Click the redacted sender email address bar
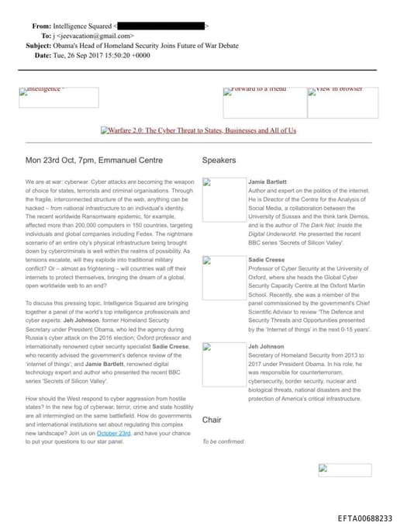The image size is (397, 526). (x=160, y=26)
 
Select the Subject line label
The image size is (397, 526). (x=39, y=46)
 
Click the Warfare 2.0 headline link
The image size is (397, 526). (x=198, y=130)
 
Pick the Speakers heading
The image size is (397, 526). (x=219, y=161)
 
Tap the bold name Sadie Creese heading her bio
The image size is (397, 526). (x=266, y=260)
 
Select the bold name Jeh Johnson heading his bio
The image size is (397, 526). (x=266, y=347)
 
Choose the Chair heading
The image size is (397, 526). (x=212, y=420)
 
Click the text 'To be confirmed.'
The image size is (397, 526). (x=223, y=441)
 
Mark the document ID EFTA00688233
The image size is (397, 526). (x=364, y=517)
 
